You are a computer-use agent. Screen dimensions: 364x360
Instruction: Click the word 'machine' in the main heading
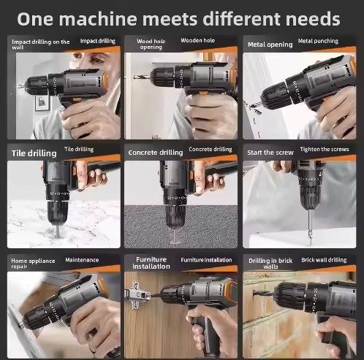(x=98, y=19)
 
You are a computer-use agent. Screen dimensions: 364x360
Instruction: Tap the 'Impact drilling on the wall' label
(x=41, y=44)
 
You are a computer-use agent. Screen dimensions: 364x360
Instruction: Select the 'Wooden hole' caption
(x=198, y=40)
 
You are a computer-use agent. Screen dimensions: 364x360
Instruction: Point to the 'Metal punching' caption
(x=318, y=41)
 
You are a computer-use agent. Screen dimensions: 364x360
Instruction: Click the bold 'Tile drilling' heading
(x=34, y=153)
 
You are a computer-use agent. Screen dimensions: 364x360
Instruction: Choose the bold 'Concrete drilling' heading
(x=156, y=153)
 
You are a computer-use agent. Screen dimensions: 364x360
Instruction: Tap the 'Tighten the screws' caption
(x=325, y=149)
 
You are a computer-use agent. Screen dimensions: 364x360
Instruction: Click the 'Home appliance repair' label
(x=33, y=264)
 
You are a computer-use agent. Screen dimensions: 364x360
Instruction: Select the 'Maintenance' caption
(x=82, y=260)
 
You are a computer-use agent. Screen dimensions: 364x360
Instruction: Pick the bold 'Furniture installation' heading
(x=151, y=263)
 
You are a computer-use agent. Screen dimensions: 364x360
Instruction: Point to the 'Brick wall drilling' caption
(x=324, y=260)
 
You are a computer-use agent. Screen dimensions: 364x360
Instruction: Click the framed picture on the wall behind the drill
(x=42, y=102)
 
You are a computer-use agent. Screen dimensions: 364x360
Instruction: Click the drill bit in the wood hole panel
(x=142, y=77)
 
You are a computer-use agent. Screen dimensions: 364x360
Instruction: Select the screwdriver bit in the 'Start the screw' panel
(x=310, y=227)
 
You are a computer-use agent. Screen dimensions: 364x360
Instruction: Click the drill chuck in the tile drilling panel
(x=58, y=211)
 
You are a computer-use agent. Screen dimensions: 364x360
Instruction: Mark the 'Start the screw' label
(x=270, y=153)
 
